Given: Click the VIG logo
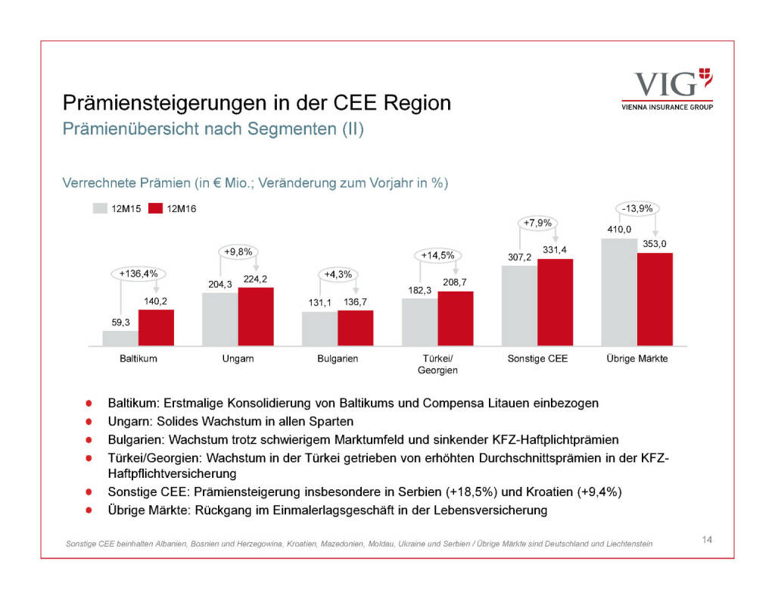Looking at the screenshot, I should coord(666,89).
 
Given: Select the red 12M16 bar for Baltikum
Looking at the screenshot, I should coord(156,327).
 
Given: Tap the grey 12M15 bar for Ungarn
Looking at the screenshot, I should coord(219,319).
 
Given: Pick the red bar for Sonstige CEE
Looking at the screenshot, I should coord(556,302).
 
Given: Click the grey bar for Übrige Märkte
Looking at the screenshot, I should coord(619,292).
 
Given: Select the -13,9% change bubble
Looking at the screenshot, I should coord(637,208).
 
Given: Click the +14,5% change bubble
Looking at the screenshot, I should coord(437,255).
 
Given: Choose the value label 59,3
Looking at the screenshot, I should coord(120,322).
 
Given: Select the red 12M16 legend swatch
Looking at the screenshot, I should coord(156,208).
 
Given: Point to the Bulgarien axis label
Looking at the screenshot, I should coord(338,358).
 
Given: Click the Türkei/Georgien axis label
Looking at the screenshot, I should coord(437,364).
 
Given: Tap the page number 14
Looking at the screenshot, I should coord(707,539).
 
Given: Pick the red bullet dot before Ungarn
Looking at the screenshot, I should coord(89,420).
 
